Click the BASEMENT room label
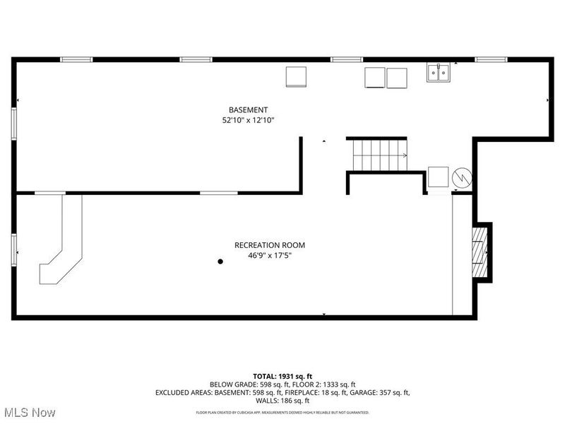coord(248,110)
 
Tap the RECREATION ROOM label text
coord(270,245)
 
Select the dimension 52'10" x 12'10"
coord(248,121)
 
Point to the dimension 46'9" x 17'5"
coord(270,256)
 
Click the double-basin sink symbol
coord(439,71)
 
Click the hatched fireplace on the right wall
coord(480,252)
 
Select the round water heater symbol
coord(462,177)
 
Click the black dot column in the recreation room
coord(220,261)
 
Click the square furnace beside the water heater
coord(438,177)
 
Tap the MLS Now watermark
coord(30,411)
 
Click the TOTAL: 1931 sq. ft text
coord(282,376)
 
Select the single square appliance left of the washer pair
coord(296,76)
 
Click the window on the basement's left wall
coord(13,124)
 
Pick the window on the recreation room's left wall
coord(13,250)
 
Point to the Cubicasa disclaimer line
coord(282,412)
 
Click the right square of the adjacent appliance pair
coord(397,78)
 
